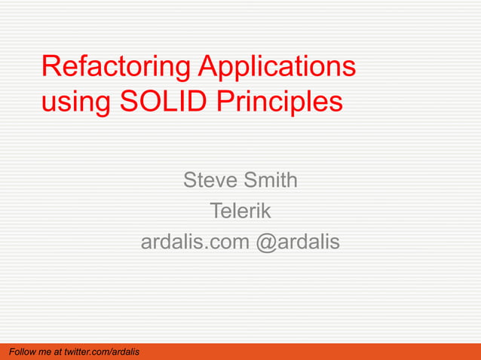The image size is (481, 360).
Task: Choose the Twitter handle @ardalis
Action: (299, 243)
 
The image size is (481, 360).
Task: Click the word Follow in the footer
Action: (21, 352)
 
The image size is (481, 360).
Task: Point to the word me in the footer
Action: (45, 352)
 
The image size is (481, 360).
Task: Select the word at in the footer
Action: (60, 352)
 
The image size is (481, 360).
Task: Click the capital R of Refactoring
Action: (51, 67)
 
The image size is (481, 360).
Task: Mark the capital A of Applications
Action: (208, 67)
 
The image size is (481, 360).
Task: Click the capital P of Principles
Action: (226, 101)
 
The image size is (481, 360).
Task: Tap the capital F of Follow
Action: (10, 352)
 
